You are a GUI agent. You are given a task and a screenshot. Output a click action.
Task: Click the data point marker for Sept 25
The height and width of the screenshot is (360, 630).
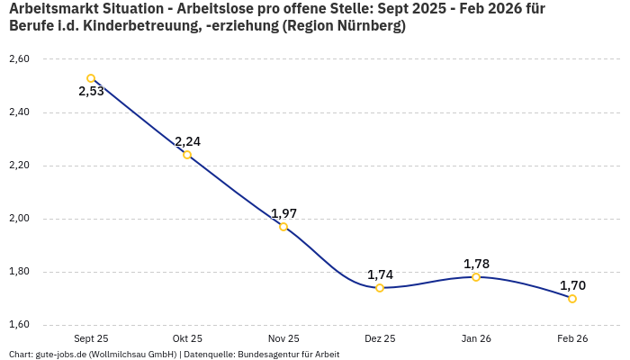coord(91,78)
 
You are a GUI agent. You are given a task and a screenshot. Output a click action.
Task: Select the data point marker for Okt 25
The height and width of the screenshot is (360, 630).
coord(187,155)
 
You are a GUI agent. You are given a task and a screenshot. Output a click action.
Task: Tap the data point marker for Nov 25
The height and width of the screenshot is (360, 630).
coord(283,227)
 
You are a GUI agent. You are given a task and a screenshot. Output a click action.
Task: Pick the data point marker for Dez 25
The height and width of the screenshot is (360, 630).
coord(380,288)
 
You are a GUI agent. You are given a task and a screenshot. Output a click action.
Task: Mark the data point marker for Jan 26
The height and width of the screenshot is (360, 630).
coord(476,277)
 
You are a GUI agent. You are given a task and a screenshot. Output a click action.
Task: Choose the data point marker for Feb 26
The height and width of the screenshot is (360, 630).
coord(572,299)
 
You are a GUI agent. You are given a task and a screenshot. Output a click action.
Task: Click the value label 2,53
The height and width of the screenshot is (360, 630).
coord(91,92)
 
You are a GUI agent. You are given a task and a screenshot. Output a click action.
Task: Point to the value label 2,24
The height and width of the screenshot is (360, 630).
coord(187,141)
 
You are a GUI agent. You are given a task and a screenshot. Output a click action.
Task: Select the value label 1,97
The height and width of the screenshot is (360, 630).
coord(283,213)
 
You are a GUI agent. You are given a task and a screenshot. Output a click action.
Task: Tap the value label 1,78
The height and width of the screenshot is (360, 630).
coord(476,264)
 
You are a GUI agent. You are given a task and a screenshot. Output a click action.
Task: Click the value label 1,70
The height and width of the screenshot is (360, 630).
coord(572,285)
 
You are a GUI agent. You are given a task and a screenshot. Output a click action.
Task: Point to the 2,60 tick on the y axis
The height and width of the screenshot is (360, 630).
coord(19,59)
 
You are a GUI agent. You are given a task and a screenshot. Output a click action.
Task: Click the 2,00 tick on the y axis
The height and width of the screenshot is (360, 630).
coord(19,219)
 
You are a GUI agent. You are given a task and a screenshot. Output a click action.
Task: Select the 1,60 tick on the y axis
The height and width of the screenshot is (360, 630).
coord(19,325)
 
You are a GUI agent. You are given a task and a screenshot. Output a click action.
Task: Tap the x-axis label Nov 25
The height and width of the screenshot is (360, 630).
coord(283,338)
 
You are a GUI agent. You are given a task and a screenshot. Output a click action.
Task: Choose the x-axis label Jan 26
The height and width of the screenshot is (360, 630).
coord(476,338)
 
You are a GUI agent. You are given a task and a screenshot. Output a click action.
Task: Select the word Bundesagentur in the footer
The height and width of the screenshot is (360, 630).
coord(267,354)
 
